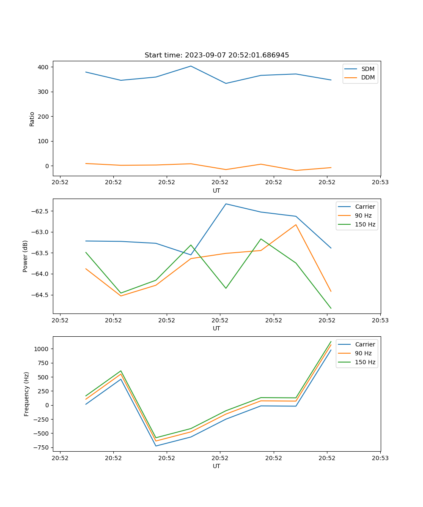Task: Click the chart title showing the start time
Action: point(217,55)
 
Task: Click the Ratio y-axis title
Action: point(32,119)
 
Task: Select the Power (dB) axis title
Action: point(26,256)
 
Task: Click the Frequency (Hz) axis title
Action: point(27,394)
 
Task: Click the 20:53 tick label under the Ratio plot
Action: point(380,183)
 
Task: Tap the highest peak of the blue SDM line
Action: point(191,66)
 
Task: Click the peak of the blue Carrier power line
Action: point(226,204)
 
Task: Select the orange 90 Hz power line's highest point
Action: point(296,225)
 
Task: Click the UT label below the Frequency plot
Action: point(217,466)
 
